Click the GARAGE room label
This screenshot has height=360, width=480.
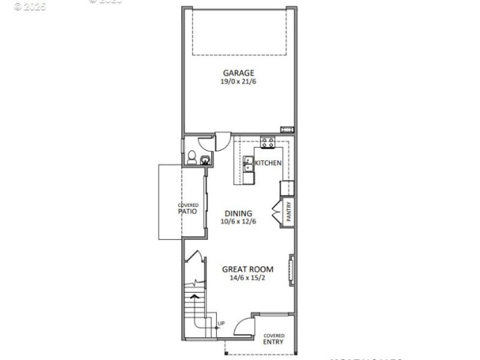[x=239, y=73]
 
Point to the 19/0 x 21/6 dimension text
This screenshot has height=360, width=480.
[x=239, y=82]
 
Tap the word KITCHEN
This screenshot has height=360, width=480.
[x=268, y=163]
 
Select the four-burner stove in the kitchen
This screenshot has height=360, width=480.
[x=268, y=142]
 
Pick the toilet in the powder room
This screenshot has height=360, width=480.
[x=191, y=158]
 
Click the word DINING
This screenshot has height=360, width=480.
[x=238, y=213]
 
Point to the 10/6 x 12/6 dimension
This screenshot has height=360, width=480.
[x=238, y=221]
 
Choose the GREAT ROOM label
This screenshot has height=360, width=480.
[x=248, y=269]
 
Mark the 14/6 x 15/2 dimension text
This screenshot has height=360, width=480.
[x=248, y=278]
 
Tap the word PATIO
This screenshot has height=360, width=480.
[x=188, y=211]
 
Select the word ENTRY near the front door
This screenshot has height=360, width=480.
[x=274, y=342]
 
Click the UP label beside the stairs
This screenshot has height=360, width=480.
[x=221, y=324]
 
